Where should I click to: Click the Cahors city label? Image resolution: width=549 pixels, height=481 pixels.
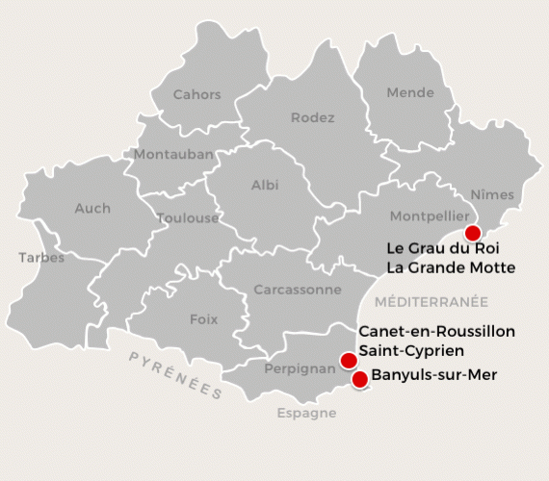coord(196,94)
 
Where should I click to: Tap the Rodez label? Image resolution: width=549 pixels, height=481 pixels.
coord(312,118)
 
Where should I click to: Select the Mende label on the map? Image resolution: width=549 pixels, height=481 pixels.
coord(410,93)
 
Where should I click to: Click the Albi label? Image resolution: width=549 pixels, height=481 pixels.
coord(265,185)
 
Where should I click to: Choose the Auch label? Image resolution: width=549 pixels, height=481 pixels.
coord(92,208)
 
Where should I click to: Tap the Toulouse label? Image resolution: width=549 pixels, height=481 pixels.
coord(188,218)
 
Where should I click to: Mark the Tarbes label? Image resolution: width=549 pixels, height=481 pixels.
coord(41,258)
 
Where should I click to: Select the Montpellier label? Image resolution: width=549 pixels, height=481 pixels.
coord(429,217)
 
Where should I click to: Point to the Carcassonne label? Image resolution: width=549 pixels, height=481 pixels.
coord(298,289)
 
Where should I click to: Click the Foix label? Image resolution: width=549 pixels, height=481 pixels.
coord(203,319)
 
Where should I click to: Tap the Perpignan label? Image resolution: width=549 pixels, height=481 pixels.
coord(299,367)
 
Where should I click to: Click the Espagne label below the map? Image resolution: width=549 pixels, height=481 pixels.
coord(306,414)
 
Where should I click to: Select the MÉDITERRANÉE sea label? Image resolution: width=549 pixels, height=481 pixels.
coord(431,301)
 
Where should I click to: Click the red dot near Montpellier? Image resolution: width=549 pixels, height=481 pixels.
coord(472,233)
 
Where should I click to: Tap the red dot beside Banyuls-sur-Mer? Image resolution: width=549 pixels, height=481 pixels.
coord(360,379)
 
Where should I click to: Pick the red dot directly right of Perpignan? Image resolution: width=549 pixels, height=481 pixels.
coord(348,362)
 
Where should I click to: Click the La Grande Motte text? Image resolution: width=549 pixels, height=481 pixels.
coord(451,266)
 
